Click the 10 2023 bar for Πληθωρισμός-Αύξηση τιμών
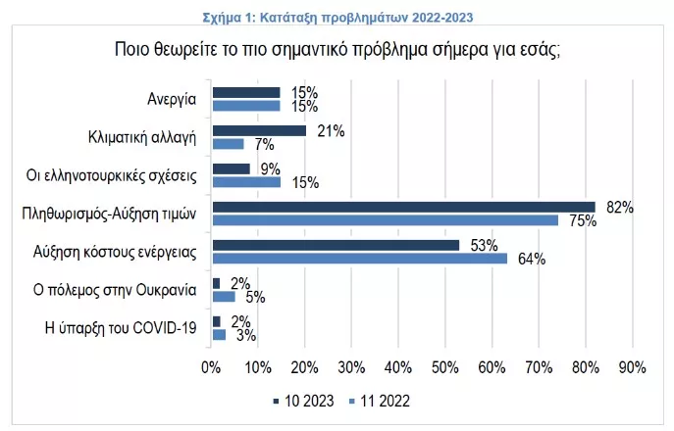[403, 207]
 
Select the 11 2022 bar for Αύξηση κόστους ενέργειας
[359, 259]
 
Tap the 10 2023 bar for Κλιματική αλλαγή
[259, 130]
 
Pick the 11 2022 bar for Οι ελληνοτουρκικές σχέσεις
[245, 181]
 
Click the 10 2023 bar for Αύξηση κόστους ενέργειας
[335, 245]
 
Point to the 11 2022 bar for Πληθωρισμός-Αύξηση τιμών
[386, 220]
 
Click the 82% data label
[619, 207]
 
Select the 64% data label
[530, 260]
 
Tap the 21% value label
[330, 130]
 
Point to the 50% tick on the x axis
[444, 367]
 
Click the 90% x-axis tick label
[632, 367]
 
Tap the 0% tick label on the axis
[210, 367]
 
